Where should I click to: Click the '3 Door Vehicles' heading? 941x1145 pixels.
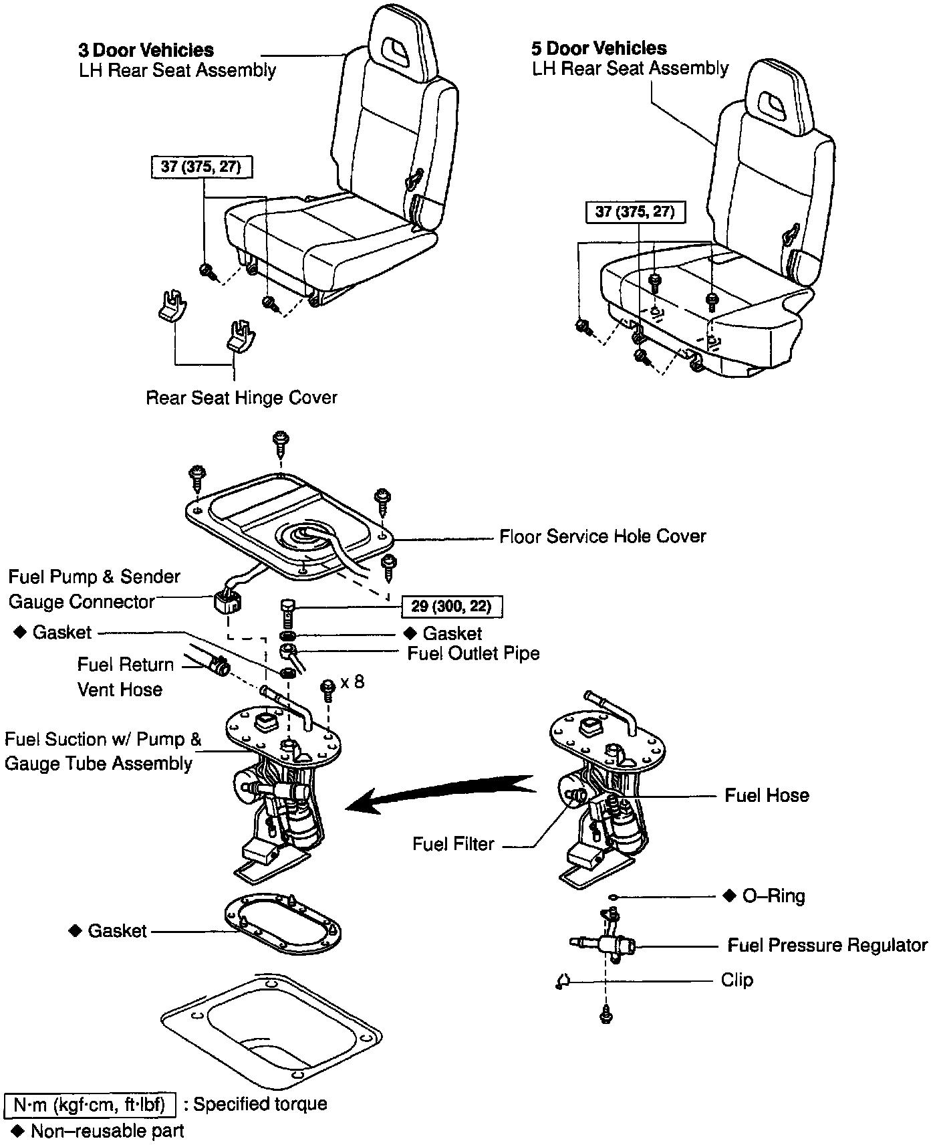click(146, 50)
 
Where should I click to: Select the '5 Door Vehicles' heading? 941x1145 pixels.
click(599, 48)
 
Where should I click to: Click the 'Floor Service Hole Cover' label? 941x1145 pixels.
click(602, 536)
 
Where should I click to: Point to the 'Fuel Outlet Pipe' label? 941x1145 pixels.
click(473, 653)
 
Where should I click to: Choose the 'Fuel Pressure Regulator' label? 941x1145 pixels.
click(827, 945)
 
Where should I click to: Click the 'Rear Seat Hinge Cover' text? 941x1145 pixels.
click(241, 398)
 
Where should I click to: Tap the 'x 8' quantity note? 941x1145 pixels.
click(352, 683)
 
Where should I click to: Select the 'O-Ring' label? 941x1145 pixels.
click(773, 896)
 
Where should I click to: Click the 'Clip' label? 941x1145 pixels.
click(736, 980)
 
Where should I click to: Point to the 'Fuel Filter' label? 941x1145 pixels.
click(453, 844)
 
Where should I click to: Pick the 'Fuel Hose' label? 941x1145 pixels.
click(767, 795)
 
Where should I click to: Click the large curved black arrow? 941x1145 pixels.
click(441, 793)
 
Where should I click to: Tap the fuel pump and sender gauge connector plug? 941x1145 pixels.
click(227, 602)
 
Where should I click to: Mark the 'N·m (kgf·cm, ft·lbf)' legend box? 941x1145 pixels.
click(90, 1104)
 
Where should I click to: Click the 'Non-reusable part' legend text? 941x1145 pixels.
click(107, 1132)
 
